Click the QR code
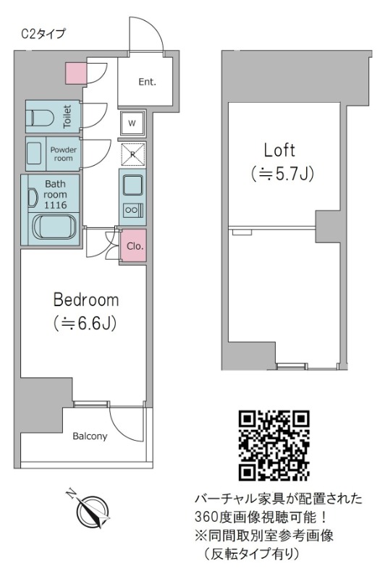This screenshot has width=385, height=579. (x=274, y=445)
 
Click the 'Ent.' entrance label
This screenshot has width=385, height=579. (x=148, y=82)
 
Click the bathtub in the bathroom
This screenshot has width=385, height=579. (x=54, y=227)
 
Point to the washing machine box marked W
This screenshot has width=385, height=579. (x=132, y=123)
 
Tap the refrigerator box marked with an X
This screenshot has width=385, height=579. (x=133, y=154)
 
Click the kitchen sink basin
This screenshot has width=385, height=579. (x=133, y=186)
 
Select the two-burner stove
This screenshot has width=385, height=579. (x=133, y=210)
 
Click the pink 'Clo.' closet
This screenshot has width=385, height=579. (x=134, y=246)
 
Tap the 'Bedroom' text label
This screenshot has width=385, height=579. (x=86, y=300)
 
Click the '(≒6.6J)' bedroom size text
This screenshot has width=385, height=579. (x=85, y=323)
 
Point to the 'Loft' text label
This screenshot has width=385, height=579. (x=279, y=151)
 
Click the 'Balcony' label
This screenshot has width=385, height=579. (x=90, y=436)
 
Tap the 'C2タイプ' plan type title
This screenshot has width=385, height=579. (x=43, y=34)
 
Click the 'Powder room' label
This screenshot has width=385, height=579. (x=64, y=154)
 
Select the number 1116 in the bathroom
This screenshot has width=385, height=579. (x=56, y=206)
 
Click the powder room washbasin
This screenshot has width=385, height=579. (x=35, y=153)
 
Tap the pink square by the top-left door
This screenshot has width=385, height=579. (x=77, y=73)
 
